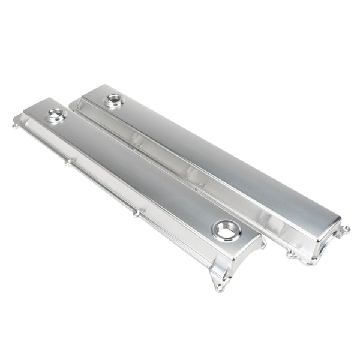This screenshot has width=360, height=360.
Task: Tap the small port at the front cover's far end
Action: pos(56,115)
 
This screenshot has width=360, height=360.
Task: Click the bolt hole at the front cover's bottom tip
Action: pos(220,287)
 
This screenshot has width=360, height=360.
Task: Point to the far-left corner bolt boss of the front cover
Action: pos(16,125)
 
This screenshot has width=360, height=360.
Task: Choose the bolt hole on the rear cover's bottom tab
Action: pos(291,254)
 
